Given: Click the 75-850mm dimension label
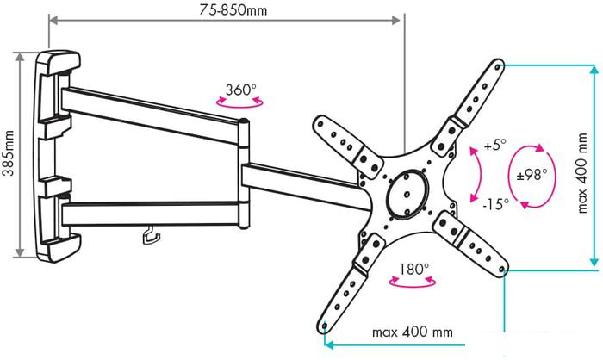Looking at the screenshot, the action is coord(233,9).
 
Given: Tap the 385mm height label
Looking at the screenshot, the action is coord(8,153).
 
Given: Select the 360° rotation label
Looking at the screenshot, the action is coord(240,90).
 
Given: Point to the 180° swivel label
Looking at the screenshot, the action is coord(413,269).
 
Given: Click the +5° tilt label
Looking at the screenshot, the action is coord(495,146).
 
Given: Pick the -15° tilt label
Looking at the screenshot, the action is coord(496,204).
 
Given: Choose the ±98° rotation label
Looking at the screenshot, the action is coord(532,176).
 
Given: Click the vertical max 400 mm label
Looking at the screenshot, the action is coord(582,173).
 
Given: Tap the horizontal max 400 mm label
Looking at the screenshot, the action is coord(413,332).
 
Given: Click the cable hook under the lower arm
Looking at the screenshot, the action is coord(151,235).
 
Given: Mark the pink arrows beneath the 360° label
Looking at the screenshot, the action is coord(239,102).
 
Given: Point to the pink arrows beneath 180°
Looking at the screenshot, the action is coord(413,282).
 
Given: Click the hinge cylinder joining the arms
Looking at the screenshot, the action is coord(243,174).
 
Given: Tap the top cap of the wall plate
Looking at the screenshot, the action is coord(59,61).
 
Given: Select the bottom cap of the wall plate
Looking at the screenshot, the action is coord(59,247).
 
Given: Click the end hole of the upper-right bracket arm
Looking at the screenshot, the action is coord(497,67).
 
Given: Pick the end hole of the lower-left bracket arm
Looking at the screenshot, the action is coord(324,327).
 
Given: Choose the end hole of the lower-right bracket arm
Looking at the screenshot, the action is coord(501,269).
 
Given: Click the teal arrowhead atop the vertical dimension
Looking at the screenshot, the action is coord(594,70).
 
